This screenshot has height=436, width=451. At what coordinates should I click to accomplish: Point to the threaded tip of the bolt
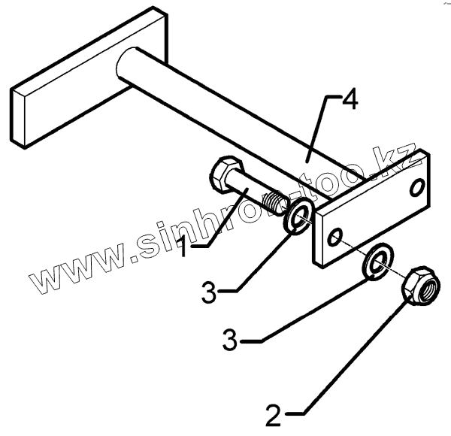tap(277, 201)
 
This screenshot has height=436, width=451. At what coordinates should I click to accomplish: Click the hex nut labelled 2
tap(416, 286)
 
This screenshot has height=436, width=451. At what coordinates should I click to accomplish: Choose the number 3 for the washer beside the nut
tap(232, 342)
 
